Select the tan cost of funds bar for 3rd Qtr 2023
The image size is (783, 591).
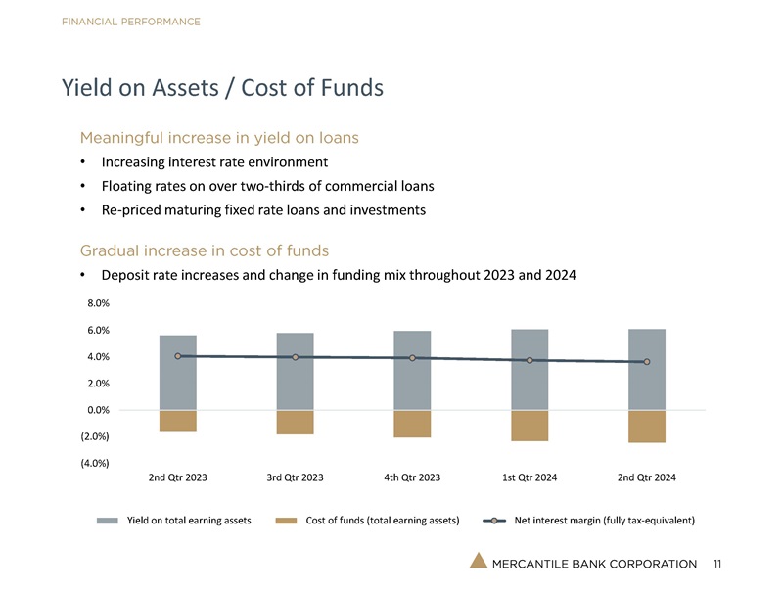(x=295, y=422)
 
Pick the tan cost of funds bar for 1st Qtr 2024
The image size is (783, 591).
(x=530, y=426)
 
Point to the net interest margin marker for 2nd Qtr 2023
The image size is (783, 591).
(x=177, y=356)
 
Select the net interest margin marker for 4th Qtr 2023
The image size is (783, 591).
(x=412, y=358)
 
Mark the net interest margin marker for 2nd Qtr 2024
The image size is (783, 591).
(x=647, y=362)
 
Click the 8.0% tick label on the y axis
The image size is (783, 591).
(x=97, y=304)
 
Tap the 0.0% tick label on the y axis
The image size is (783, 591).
(x=97, y=410)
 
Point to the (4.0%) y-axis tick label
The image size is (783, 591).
(x=95, y=463)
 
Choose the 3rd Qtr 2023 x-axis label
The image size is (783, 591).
(x=295, y=477)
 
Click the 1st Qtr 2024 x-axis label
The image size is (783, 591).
(x=530, y=477)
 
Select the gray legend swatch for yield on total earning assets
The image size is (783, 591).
(x=108, y=520)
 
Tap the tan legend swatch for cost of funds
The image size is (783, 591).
(x=286, y=520)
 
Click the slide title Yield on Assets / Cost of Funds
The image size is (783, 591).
(x=221, y=88)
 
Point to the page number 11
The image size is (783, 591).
(x=718, y=564)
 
